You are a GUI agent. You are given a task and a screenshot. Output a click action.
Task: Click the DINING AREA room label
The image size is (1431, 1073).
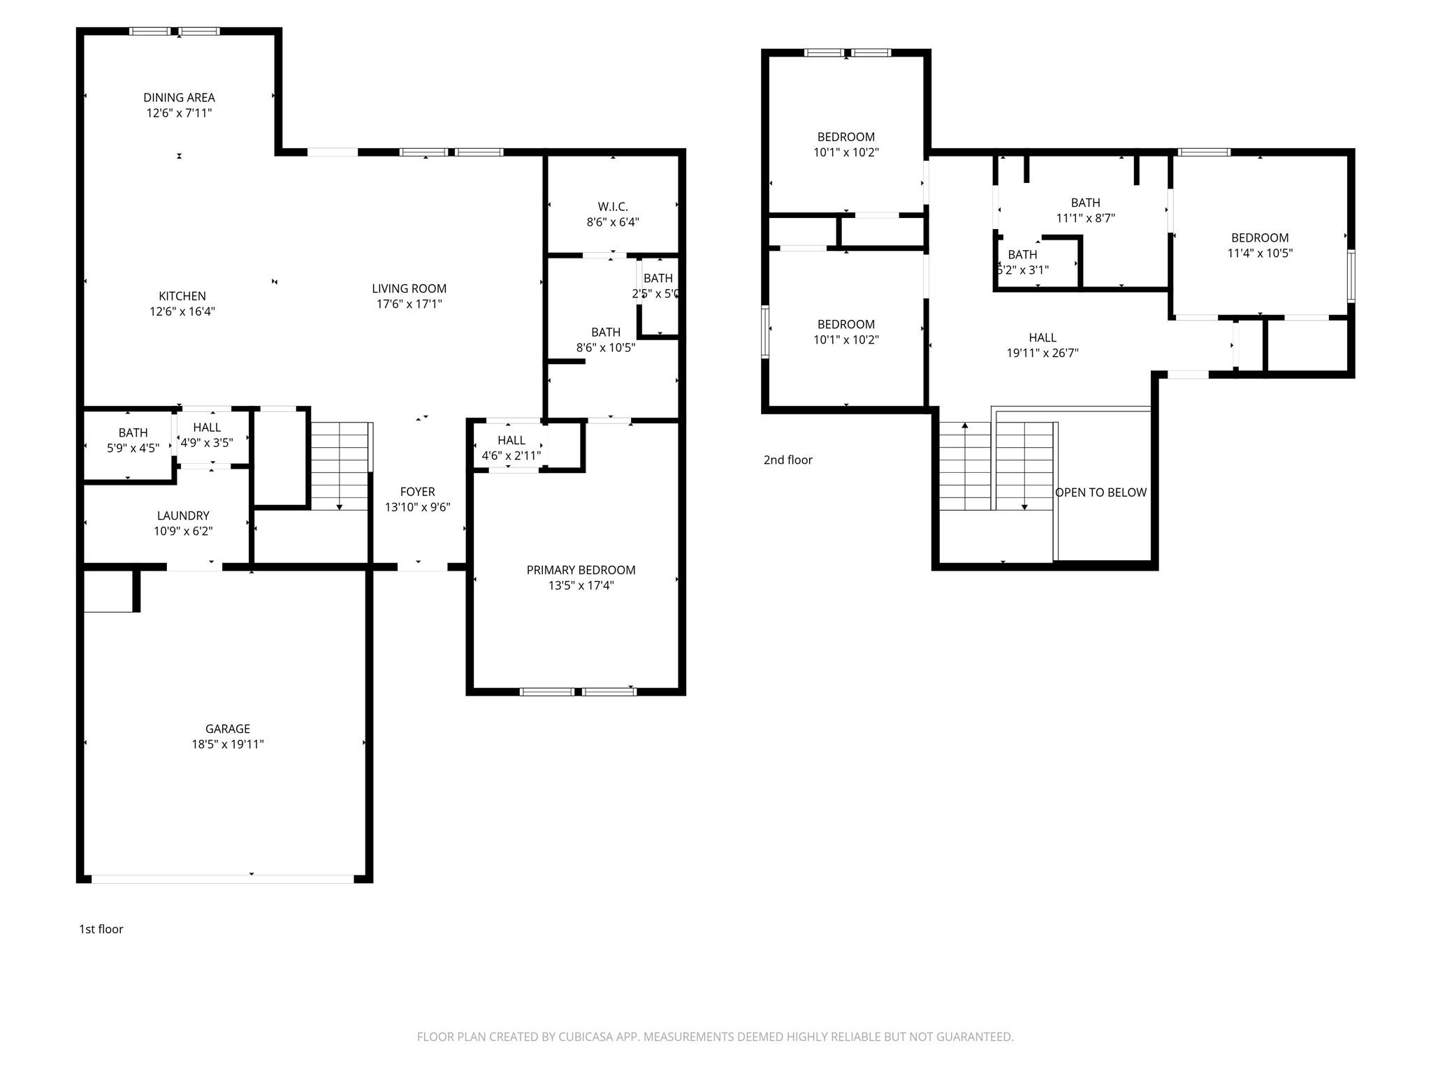pos(179,98)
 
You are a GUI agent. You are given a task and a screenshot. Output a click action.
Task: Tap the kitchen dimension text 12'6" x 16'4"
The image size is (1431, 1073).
pos(182,312)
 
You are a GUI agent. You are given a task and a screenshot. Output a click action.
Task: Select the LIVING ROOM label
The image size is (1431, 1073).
pos(409,289)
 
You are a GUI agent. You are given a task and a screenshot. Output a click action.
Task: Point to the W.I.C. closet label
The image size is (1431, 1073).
pos(613,207)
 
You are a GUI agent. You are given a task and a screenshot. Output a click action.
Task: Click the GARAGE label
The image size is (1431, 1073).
pos(227,729)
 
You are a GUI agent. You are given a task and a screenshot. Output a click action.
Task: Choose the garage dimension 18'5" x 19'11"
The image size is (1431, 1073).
pos(227,745)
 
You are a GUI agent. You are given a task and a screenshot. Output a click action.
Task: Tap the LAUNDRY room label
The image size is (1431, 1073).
pos(183,516)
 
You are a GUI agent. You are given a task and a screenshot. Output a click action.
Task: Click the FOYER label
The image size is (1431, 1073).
pos(417,492)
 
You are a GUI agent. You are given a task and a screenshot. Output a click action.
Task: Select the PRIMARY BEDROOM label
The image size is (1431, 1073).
pos(581,570)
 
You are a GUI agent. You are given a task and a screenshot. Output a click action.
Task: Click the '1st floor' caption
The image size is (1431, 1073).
pos(101,929)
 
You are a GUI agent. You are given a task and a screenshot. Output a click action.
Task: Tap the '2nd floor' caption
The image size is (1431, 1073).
pos(787,460)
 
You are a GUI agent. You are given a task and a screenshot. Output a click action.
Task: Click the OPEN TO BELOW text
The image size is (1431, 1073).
pos(1101,492)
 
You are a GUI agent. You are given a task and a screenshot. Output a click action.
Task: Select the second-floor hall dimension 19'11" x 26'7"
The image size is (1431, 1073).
pos(1042,353)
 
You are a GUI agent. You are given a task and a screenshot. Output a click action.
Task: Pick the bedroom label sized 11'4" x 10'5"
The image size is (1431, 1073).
pos(1259,238)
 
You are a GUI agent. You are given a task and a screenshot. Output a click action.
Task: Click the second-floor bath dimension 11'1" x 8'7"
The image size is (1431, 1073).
pos(1085,218)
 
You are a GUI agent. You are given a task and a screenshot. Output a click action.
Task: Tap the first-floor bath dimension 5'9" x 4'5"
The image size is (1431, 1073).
pos(133,448)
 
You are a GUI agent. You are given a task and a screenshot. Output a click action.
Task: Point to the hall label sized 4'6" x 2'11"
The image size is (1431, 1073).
pos(511,441)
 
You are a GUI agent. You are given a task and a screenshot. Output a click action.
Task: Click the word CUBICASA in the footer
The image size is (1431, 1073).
pos(585,1037)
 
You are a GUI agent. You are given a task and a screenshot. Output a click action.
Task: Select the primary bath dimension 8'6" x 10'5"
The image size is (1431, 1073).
pos(605,348)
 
